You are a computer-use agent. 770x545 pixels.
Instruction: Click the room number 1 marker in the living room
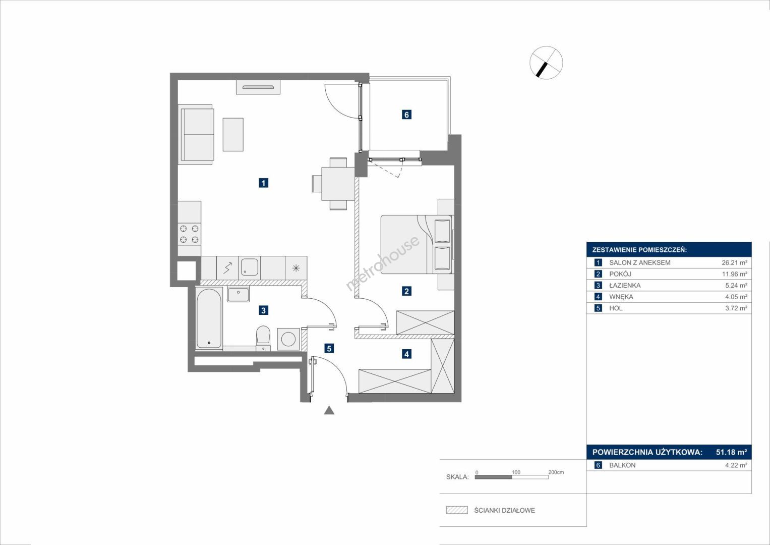[x=263, y=183]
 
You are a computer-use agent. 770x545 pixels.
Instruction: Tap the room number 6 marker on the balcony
[x=406, y=115]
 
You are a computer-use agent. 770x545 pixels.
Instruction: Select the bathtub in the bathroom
[x=208, y=318]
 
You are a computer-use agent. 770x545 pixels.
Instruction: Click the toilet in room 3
[x=263, y=338]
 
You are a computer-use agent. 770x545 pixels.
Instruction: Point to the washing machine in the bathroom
[x=288, y=339]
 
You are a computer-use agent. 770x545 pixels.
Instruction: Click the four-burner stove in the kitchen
[x=190, y=234]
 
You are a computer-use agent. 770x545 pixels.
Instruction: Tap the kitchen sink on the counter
[x=249, y=267]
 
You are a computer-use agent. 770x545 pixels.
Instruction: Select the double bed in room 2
[x=416, y=244]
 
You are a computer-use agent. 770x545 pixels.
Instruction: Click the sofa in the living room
[x=196, y=135]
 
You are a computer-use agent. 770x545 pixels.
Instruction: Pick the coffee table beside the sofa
[x=233, y=135]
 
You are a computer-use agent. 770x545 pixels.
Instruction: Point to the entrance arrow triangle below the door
[x=329, y=410]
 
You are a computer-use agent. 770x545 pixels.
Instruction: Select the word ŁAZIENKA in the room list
[x=625, y=285]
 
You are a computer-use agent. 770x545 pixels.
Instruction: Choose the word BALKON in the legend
[x=623, y=465]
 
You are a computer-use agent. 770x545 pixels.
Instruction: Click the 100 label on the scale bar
[x=516, y=472]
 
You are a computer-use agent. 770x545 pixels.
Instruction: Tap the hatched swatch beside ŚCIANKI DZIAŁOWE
[x=457, y=510]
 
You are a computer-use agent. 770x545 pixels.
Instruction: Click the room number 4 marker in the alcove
[x=406, y=354]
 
